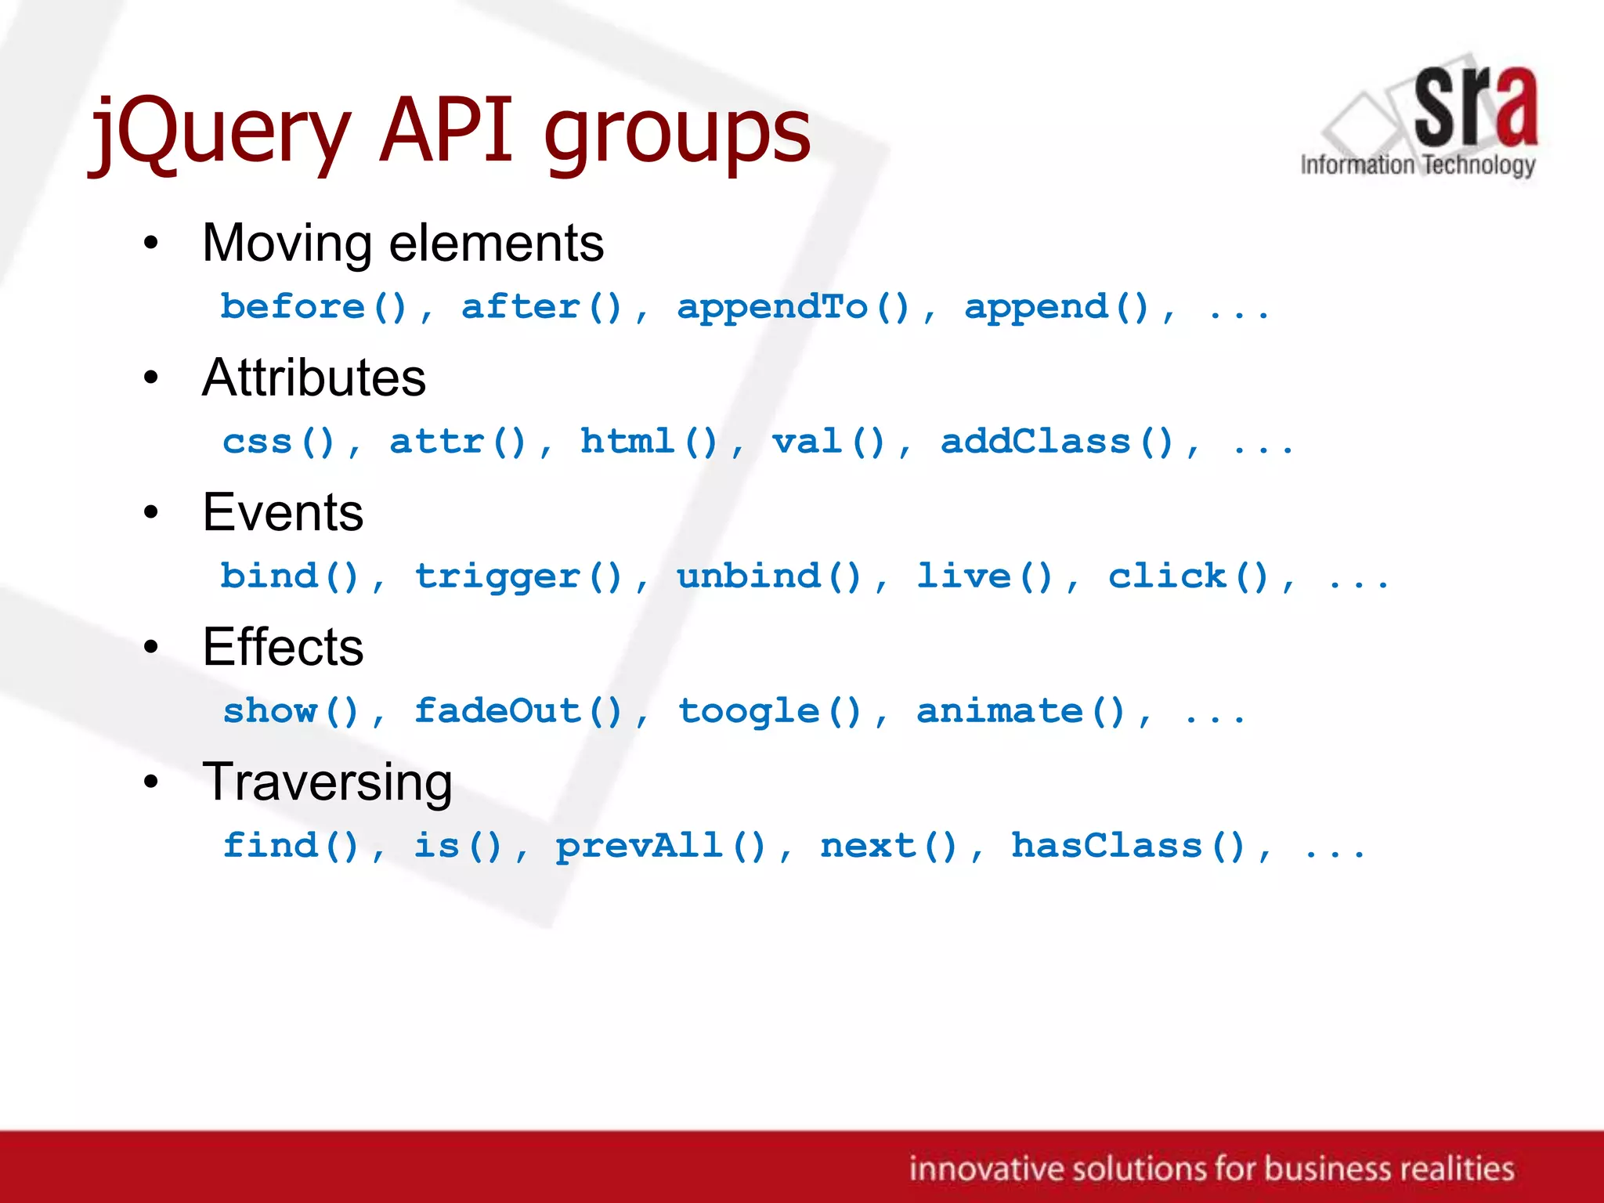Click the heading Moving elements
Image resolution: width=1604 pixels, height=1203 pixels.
[403, 243]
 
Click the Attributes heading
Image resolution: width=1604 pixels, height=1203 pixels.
[314, 378]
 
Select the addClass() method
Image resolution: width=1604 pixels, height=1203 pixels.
[1057, 442]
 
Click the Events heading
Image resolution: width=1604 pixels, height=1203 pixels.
[283, 512]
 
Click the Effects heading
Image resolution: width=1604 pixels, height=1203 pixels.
[283, 647]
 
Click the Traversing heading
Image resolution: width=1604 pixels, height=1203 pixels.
[327, 782]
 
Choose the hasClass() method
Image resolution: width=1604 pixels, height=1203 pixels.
[1128, 846]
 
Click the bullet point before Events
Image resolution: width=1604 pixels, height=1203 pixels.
[151, 513]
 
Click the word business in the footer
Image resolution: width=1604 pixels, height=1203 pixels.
[1328, 1169]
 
